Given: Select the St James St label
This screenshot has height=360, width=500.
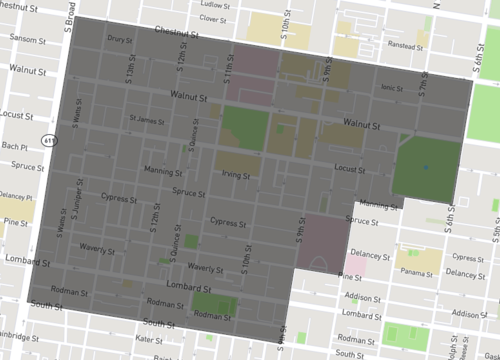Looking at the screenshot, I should tap(147, 122).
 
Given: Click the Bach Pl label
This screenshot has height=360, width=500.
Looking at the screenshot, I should tap(14, 146).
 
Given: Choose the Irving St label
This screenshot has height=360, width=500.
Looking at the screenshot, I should tap(235, 173).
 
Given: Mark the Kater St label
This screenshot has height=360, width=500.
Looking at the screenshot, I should tap(148, 340).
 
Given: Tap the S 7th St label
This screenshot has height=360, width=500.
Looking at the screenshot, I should tap(424, 90).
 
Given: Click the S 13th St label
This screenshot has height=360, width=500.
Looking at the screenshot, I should tap(131, 68).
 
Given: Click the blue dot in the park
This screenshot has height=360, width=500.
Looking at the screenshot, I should tap(425, 166).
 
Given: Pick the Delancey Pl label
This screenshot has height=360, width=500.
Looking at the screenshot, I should tap(16, 196).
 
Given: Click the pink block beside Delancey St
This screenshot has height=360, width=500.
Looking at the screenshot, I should tap(354, 265).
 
